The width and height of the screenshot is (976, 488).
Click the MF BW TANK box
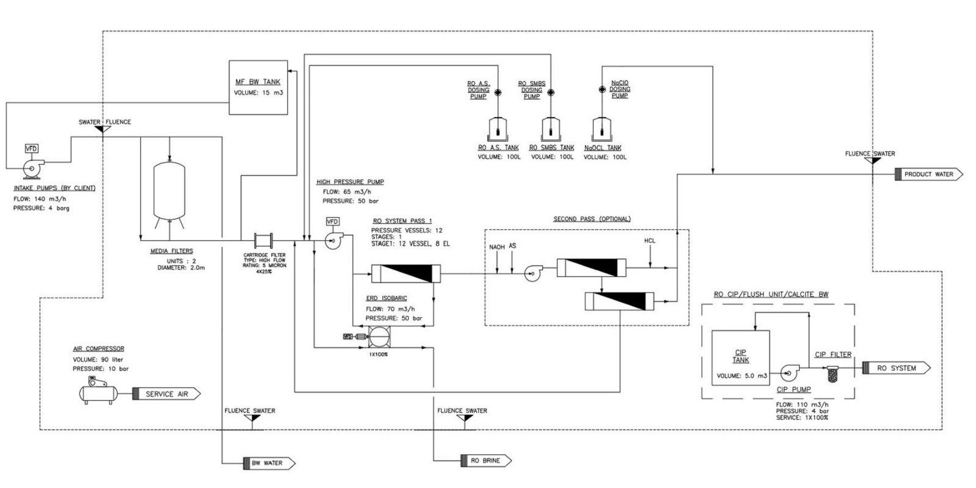(257, 87)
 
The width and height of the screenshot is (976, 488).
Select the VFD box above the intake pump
(30, 148)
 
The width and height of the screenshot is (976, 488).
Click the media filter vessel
(170, 190)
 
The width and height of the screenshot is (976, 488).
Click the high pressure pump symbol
(333, 242)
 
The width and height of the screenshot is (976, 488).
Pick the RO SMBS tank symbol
(551, 129)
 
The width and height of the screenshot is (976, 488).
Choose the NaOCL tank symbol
(601, 129)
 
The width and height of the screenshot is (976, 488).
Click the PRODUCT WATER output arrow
(928, 174)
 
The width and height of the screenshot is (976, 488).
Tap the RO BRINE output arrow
(489, 461)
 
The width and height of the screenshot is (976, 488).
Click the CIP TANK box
(741, 357)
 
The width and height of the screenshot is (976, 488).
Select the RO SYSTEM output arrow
(896, 368)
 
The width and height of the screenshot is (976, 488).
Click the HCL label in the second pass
(650, 241)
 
